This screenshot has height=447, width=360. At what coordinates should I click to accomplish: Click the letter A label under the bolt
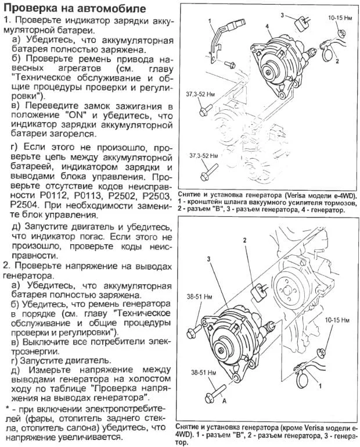(x=223, y=400)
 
